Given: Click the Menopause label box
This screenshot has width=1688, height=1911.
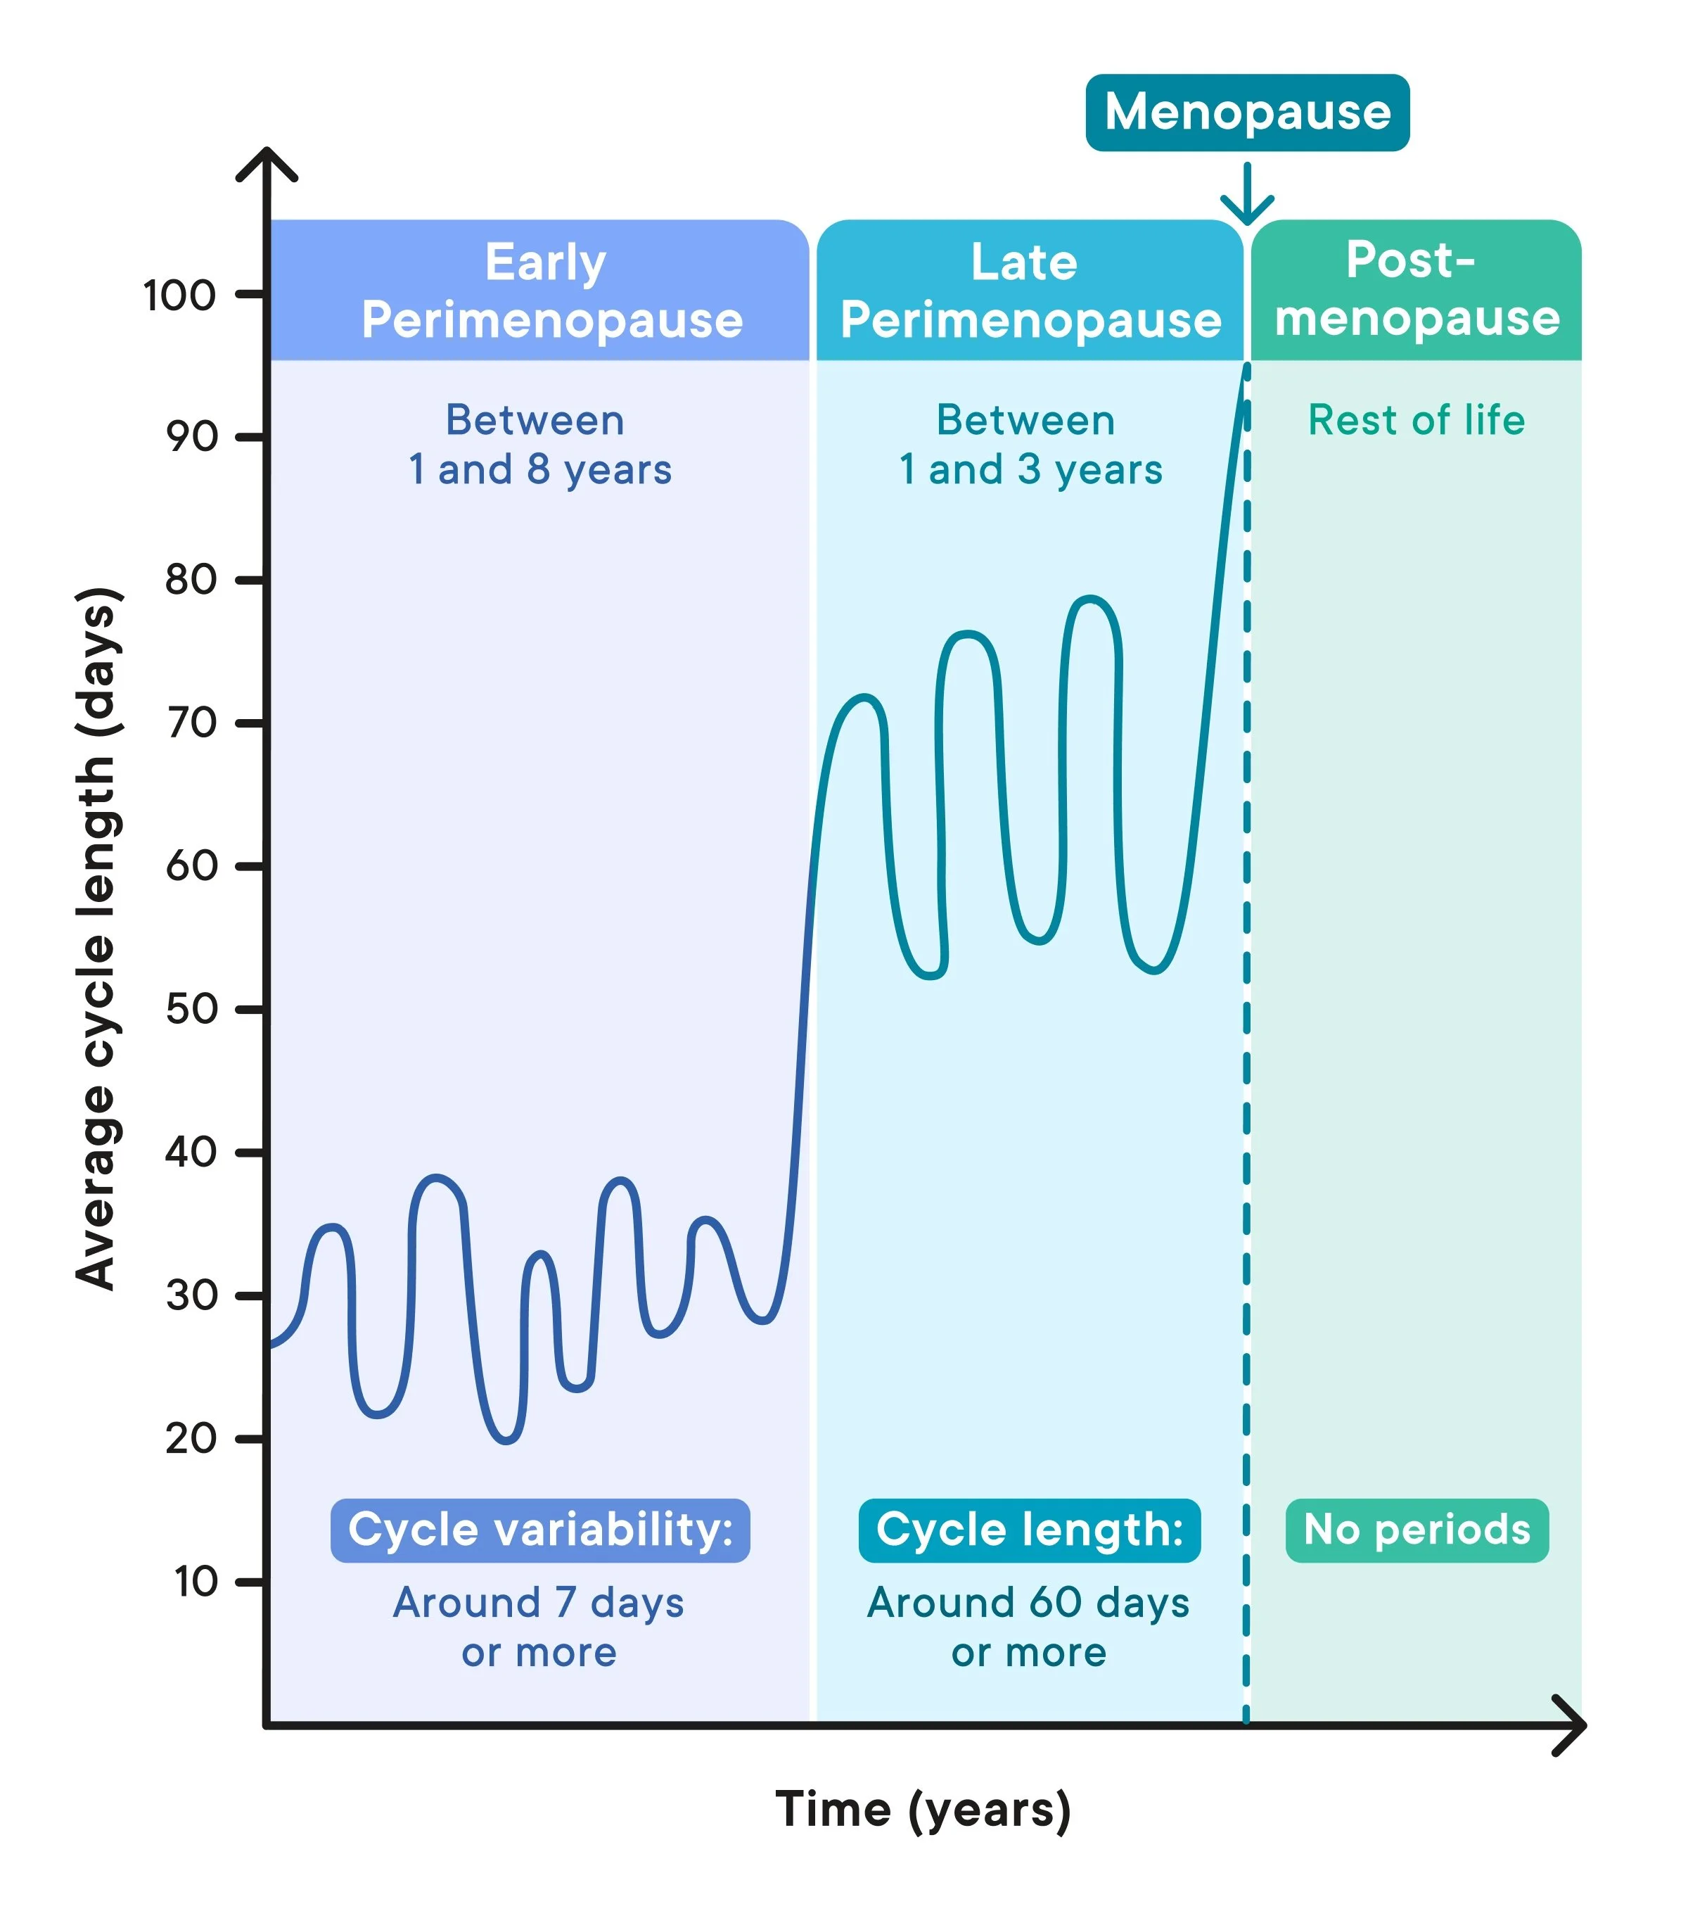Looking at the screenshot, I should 1247,112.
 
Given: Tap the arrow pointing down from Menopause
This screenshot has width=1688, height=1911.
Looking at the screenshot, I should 1247,196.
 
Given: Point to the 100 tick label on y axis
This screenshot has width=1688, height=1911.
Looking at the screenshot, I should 179,296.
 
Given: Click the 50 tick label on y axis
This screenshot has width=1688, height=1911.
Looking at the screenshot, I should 191,1010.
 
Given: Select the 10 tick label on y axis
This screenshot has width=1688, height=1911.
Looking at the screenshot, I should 196,1582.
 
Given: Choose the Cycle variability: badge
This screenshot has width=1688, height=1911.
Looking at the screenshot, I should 540,1530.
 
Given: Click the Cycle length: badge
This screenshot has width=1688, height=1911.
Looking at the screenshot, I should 1029,1530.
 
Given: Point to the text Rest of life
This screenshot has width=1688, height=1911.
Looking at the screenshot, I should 1416,420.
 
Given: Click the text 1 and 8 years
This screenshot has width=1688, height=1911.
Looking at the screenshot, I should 540,469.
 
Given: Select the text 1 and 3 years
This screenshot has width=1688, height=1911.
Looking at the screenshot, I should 1030,469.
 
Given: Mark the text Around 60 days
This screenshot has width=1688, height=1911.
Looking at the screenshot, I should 1028,1603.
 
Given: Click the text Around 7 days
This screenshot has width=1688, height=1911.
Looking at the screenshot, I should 538,1603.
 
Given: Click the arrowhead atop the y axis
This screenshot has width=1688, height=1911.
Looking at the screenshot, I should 267,164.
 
